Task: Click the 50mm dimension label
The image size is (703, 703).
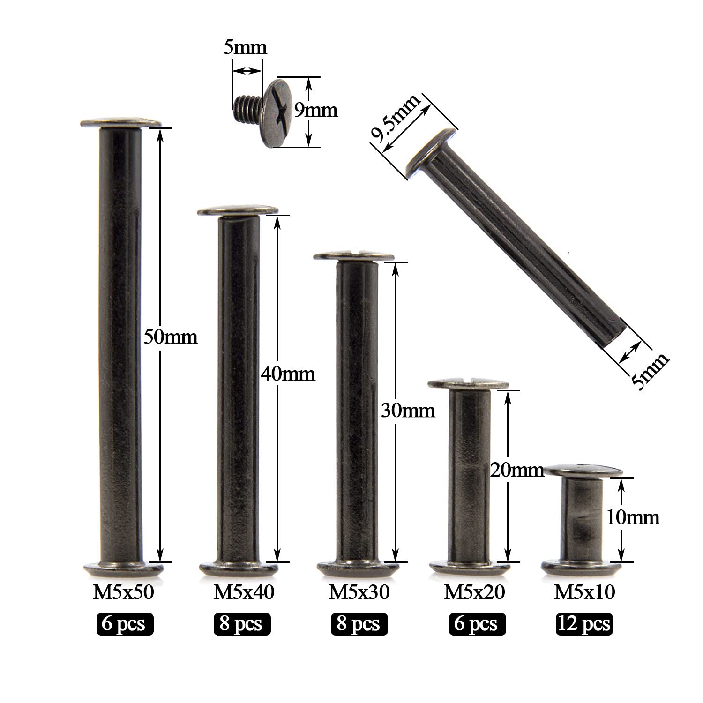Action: click(170, 337)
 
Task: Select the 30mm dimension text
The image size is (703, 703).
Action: click(408, 411)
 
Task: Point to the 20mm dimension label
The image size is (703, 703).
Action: click(517, 470)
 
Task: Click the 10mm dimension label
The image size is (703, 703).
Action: click(633, 517)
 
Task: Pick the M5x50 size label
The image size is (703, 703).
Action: click(124, 593)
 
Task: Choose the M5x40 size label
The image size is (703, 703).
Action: click(244, 593)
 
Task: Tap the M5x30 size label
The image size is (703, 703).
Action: click(359, 593)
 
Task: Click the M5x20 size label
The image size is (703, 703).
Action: click(474, 593)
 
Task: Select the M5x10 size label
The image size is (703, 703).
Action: click(584, 593)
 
